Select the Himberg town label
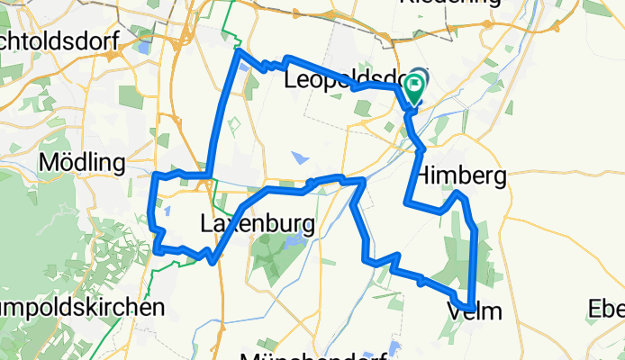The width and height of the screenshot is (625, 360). [462, 175]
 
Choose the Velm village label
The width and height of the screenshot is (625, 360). [474, 311]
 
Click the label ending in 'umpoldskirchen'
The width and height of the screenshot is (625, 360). [81, 307]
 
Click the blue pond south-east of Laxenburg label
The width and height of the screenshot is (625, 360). [292, 242]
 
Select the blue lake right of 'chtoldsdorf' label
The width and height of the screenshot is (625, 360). [142, 47]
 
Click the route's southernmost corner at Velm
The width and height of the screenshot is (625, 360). [471, 306]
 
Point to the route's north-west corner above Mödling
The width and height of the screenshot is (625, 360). [239, 51]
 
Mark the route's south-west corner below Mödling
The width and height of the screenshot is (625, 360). [157, 252]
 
